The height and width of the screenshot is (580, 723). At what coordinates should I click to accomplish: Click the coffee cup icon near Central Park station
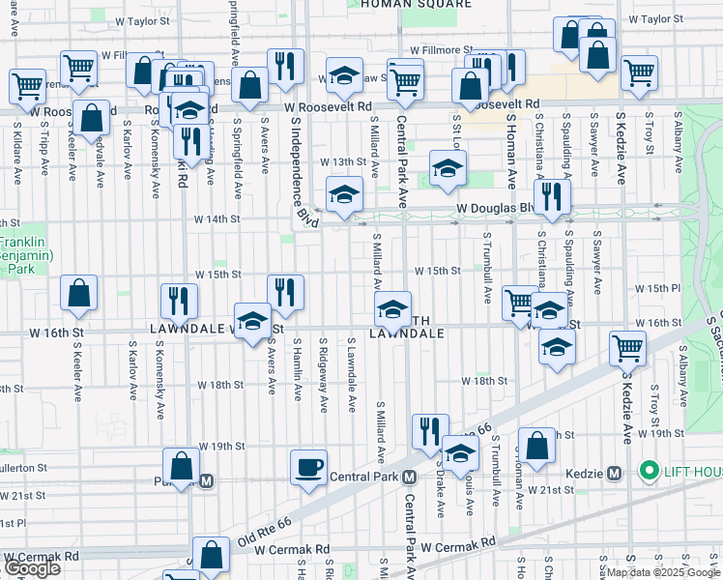309,468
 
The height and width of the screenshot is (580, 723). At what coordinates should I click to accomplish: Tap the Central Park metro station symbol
410,478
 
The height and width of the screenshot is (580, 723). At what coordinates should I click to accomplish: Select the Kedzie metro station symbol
613,473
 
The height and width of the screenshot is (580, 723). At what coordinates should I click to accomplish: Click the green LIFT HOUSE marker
648,473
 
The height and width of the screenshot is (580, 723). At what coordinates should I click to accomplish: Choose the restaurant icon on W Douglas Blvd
552,196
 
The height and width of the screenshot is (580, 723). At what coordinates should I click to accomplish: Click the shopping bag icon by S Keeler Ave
78,292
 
